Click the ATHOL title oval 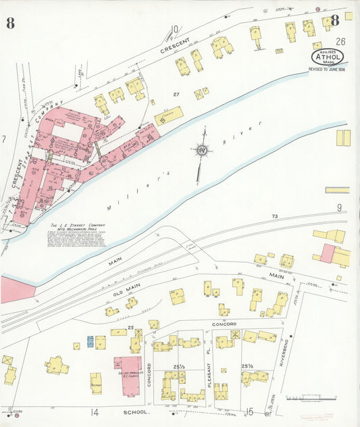(327, 56)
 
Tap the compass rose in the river (201, 151)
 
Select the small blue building (90, 341)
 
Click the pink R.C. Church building (127, 376)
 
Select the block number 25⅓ (179, 366)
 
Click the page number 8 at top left (10, 23)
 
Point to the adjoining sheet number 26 (340, 42)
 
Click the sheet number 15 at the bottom (249, 411)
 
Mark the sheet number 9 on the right (339, 207)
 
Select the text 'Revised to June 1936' (327, 69)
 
